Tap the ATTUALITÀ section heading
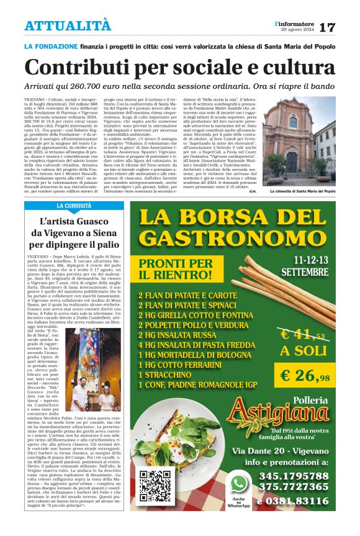tap(68, 25)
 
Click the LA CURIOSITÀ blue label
tap(76, 206)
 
